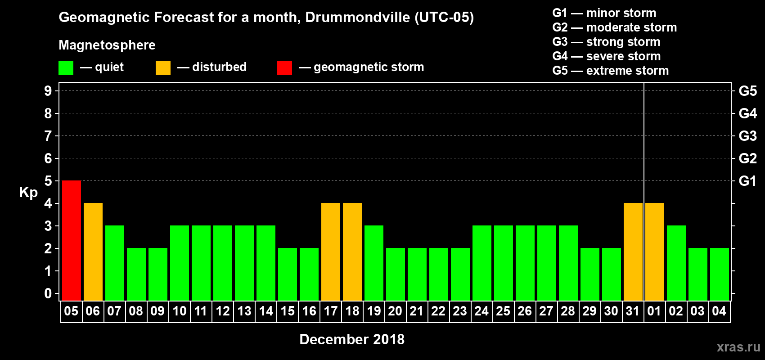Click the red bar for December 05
(72, 240)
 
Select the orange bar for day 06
(93, 252)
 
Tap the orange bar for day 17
(331, 252)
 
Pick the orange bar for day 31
(633, 252)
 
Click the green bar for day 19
(374, 263)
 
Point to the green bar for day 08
(136, 274)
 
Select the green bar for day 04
(720, 274)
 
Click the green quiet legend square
(66, 68)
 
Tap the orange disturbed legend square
(163, 68)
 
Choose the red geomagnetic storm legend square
(284, 68)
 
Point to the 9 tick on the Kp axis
(48, 91)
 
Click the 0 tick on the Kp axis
(48, 294)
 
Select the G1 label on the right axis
(747, 181)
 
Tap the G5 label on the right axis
(747, 91)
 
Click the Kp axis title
(28, 192)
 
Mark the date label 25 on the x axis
(503, 311)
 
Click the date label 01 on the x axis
(654, 311)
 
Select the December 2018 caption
(352, 339)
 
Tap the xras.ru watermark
(738, 347)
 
